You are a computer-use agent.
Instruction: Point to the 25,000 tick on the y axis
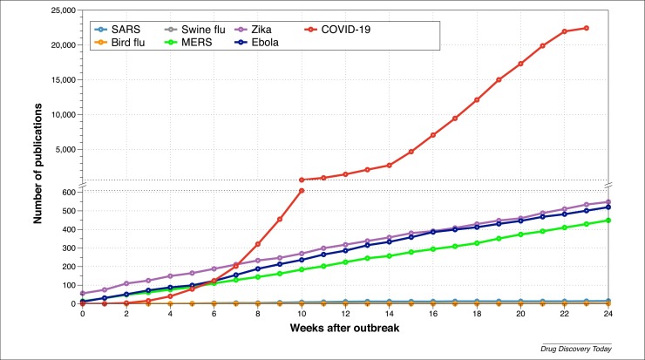coord(60,10)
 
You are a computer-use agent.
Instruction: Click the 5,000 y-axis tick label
coord(63,149)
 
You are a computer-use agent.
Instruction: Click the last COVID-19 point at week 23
coord(586,28)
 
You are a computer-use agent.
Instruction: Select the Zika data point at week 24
coord(608,201)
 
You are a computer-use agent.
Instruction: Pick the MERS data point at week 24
coord(608,220)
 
